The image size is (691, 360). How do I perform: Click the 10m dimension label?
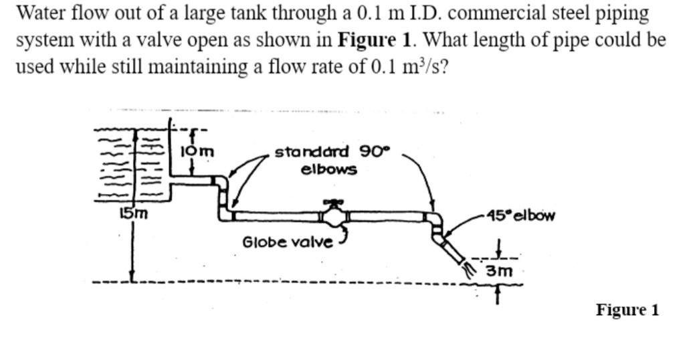click(x=197, y=153)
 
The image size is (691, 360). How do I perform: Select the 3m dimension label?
click(x=499, y=271)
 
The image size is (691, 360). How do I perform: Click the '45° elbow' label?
click(x=521, y=215)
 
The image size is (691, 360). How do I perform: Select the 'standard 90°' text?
click(x=331, y=152)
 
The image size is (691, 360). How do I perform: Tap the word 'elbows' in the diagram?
click(x=329, y=169)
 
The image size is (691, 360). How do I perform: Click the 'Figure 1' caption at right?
click(x=627, y=310)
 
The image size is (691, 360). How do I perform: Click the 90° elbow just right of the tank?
click(x=220, y=181)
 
